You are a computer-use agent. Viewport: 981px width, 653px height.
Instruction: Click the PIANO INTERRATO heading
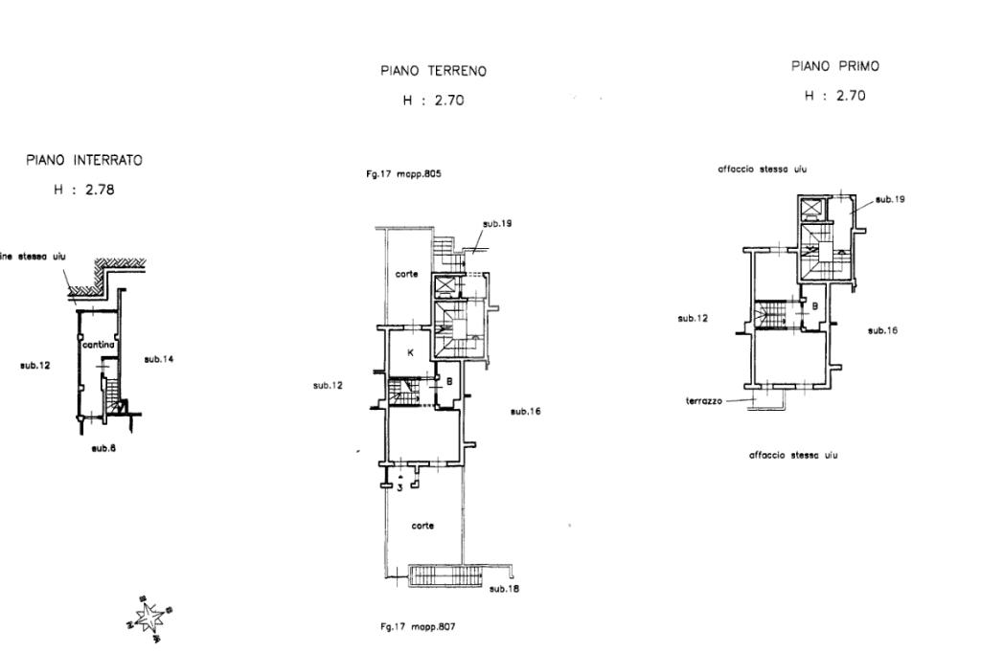[84, 161]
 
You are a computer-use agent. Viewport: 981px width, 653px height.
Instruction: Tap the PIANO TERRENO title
[433, 71]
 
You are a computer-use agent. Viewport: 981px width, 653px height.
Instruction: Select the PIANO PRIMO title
[835, 67]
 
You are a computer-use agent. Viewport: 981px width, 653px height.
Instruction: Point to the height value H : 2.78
[84, 190]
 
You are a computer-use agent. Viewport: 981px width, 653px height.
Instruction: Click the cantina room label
[99, 345]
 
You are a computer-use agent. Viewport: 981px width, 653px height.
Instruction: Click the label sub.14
[157, 359]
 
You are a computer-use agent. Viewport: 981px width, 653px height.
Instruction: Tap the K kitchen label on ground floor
[410, 352]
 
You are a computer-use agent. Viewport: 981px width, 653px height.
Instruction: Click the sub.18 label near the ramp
[504, 589]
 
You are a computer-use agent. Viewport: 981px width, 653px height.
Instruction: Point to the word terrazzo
[704, 401]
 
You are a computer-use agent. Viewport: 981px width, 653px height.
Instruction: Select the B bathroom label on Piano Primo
[814, 306]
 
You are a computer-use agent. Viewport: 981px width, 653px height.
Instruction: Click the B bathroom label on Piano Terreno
[448, 380]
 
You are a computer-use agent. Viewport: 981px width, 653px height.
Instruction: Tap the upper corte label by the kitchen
[406, 274]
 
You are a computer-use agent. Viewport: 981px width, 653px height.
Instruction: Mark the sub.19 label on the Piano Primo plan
[890, 199]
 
